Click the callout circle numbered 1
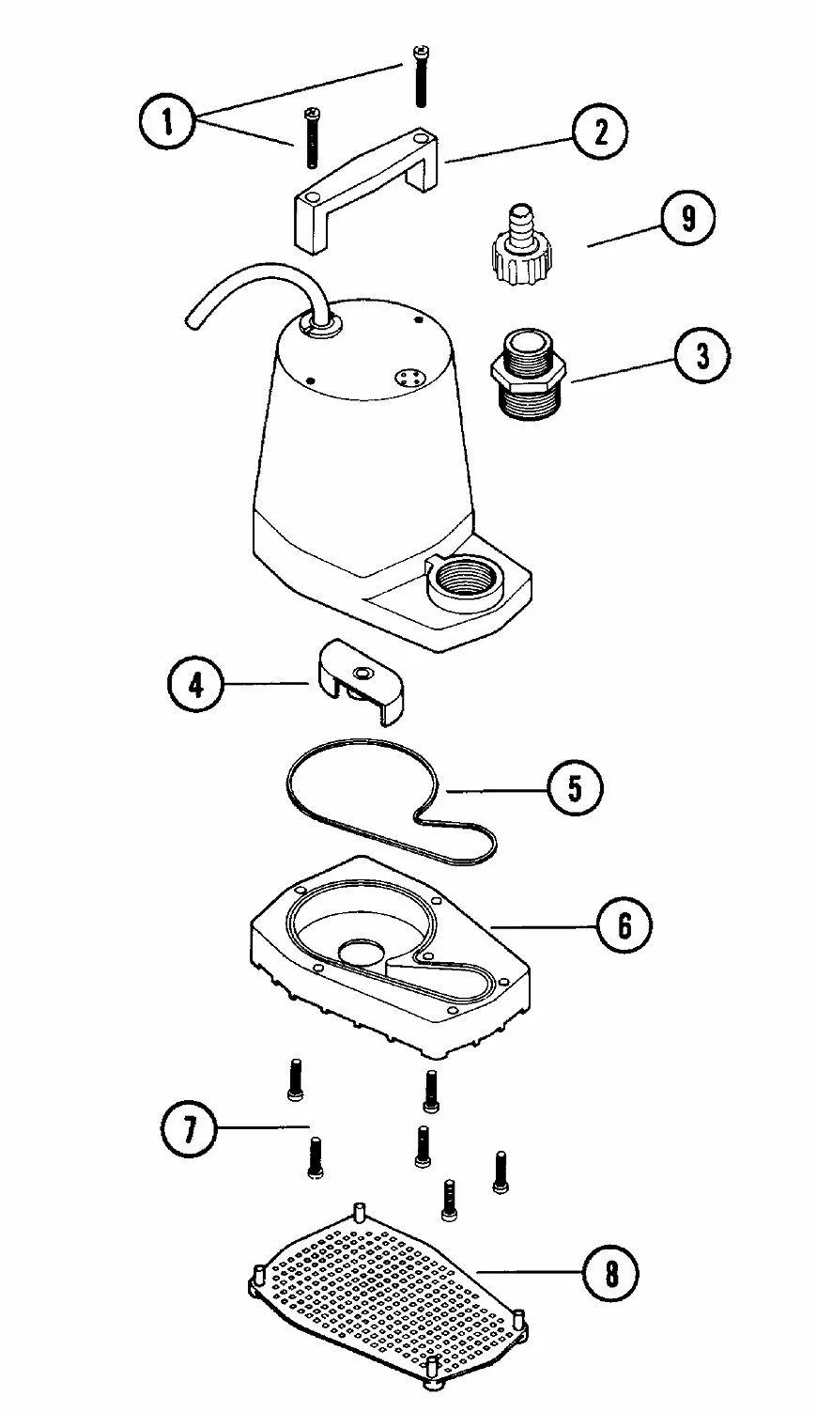click(x=168, y=122)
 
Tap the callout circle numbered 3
click(x=701, y=358)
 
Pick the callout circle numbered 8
click(x=611, y=1274)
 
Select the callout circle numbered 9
click(x=687, y=220)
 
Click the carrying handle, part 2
click(x=366, y=183)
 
